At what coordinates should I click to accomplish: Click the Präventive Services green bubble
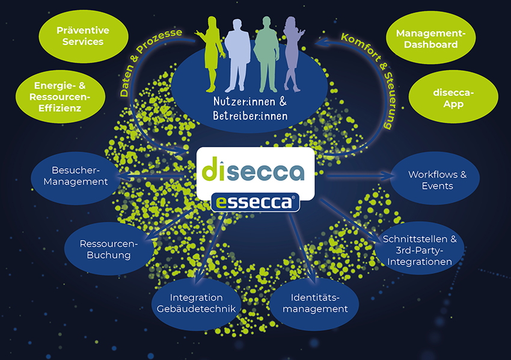(84, 36)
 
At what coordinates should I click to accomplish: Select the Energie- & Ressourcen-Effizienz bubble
(60, 97)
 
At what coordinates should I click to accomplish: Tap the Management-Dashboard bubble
(431, 38)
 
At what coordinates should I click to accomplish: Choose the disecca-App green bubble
(453, 97)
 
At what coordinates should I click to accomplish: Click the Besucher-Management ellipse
(76, 178)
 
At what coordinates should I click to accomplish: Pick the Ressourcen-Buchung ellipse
(109, 249)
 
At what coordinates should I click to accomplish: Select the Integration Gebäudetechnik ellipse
(196, 304)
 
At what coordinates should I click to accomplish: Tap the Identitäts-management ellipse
(314, 304)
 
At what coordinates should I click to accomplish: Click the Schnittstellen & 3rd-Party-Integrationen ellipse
(419, 248)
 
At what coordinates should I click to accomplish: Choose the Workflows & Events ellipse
(435, 178)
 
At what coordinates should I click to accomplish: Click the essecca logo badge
(255, 203)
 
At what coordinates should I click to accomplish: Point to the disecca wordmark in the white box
(253, 169)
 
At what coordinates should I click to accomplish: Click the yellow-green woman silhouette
(212, 54)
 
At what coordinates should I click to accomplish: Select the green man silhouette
(267, 54)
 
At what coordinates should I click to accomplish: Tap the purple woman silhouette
(292, 54)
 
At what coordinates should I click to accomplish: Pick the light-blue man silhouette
(237, 55)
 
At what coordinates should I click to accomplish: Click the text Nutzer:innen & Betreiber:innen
(250, 109)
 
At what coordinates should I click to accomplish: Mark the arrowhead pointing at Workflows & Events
(388, 176)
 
